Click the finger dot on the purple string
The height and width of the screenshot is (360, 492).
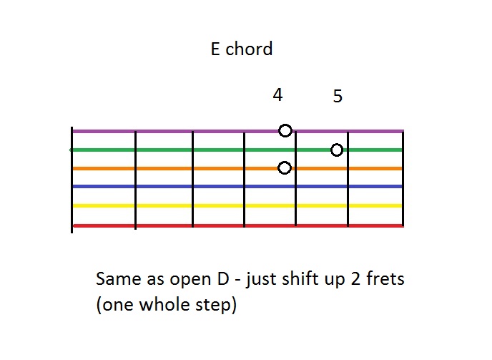(285, 130)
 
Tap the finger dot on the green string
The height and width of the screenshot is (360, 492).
(337, 150)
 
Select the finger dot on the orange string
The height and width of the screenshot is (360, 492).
(285, 167)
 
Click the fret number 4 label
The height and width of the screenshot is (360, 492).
(277, 94)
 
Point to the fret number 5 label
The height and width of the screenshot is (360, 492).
(338, 96)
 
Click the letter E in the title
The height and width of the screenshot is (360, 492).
(215, 49)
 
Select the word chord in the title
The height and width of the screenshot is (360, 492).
(249, 49)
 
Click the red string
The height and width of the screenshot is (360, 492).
(236, 225)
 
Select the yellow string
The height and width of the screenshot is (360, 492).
(236, 205)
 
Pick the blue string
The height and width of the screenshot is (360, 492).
(236, 186)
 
